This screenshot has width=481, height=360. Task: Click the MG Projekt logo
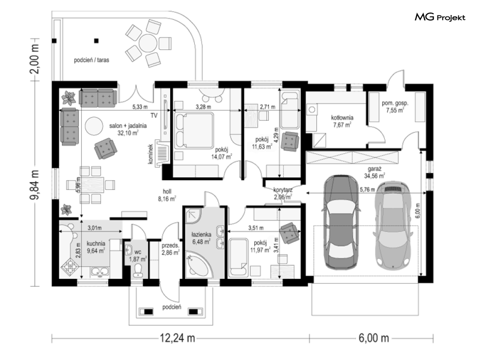tap(440, 17)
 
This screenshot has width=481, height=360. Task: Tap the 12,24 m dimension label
tap(177, 338)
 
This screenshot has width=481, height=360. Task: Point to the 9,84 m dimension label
tap(34, 185)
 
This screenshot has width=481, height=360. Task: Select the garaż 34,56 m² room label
tap(374, 173)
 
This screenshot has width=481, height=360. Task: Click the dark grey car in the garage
tap(340, 222)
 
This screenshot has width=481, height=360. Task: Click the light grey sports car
tap(393, 225)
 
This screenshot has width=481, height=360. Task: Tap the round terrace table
tap(148, 43)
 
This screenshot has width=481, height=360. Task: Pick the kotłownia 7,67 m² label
tap(342, 121)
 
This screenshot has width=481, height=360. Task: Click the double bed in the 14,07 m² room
tap(194, 130)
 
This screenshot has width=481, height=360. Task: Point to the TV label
tap(154, 115)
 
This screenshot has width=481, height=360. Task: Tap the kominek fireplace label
tap(150, 154)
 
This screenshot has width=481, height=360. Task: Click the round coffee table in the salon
tap(94, 126)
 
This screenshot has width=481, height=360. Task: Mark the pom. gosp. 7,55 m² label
tap(395, 107)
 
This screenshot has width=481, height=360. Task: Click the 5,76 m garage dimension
tap(367, 190)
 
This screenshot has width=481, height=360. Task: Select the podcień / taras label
tap(91, 60)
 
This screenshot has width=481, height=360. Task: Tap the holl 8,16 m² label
tap(167, 195)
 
